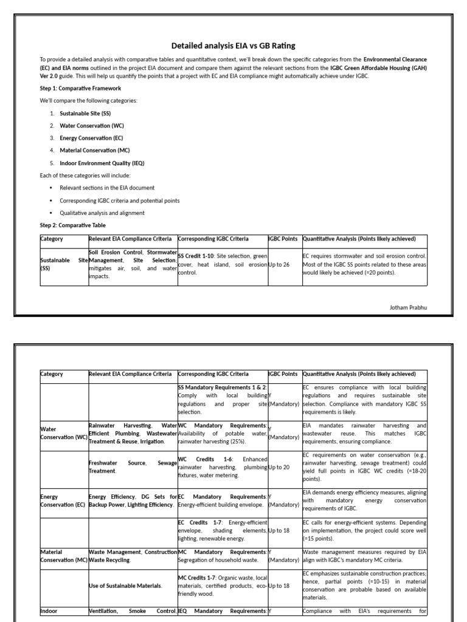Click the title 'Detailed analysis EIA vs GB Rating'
233,46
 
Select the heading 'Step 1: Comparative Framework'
72,88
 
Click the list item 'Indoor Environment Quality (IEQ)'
102,163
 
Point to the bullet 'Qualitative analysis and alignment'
102,213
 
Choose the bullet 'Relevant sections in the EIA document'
106,188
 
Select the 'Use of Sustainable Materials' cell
125,586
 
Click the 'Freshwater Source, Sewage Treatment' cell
133,466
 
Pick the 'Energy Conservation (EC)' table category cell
63,501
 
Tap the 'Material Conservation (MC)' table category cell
63,556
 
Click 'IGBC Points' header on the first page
284,239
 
